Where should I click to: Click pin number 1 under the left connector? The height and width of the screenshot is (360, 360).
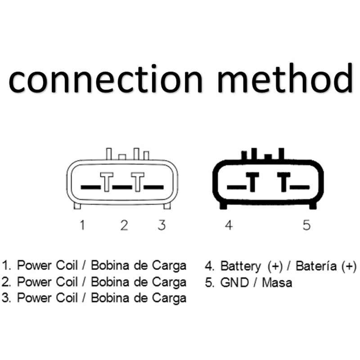click(x=82, y=225)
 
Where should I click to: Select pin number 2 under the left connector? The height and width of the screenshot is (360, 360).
click(x=124, y=225)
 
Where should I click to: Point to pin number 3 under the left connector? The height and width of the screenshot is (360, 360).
click(x=162, y=225)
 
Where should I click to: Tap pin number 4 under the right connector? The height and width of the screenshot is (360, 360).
click(x=229, y=225)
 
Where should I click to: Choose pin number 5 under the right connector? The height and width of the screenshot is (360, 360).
click(x=306, y=225)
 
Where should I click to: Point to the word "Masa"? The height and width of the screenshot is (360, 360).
click(x=277, y=282)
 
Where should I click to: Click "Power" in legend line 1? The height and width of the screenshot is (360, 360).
click(x=34, y=265)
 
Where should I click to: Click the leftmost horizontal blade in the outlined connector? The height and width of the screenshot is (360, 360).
click(x=90, y=186)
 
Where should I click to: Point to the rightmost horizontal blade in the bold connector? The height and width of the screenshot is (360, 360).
click(x=300, y=186)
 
